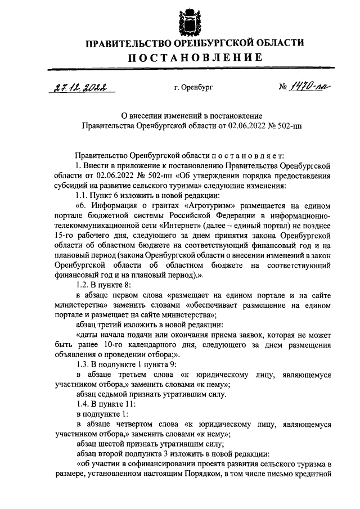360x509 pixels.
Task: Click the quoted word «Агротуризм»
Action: [x=231, y=206]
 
